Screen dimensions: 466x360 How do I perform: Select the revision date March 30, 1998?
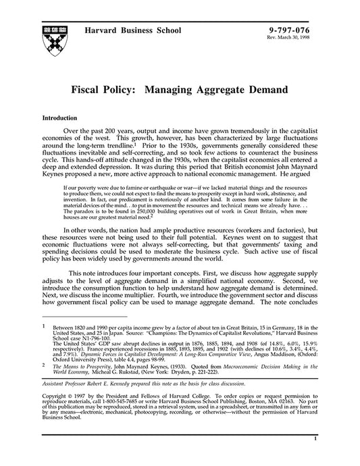[x=311, y=38]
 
